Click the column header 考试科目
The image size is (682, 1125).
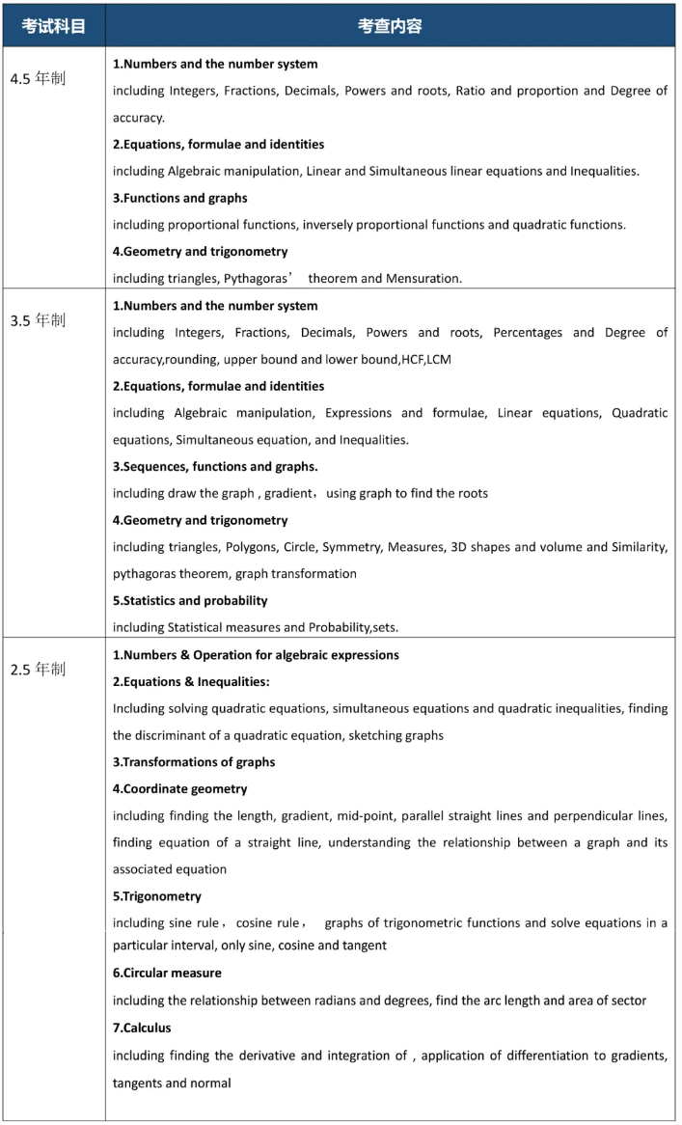coord(54,26)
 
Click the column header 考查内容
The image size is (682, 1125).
coord(390,26)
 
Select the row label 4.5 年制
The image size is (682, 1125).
coord(38,79)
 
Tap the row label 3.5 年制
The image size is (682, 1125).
coord(38,320)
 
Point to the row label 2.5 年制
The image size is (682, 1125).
coord(38,669)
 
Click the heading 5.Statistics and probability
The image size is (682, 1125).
coord(190,600)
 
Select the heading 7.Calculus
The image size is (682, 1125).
coord(142,1028)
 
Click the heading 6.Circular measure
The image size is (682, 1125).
coord(167,973)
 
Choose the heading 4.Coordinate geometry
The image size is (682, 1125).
coord(179,788)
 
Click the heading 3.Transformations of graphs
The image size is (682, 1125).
coord(194,761)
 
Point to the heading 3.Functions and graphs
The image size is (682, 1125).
coord(180,198)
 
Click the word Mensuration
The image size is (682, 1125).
coord(423,279)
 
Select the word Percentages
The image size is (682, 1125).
coord(528,333)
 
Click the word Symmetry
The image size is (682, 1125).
coord(351,547)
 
